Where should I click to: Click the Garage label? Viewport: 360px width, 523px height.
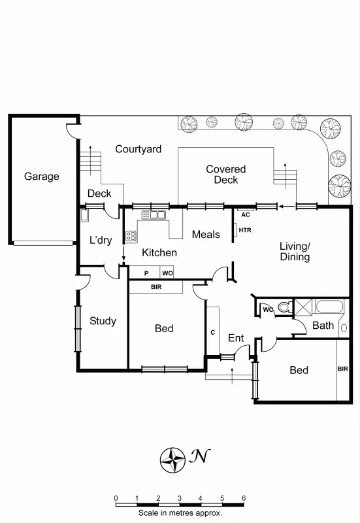pyautogui.click(x=42, y=177)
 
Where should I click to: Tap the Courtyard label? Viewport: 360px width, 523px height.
pyautogui.click(x=138, y=149)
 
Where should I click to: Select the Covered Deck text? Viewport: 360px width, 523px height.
pyautogui.click(x=225, y=175)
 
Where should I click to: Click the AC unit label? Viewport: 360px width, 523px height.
pyautogui.click(x=246, y=214)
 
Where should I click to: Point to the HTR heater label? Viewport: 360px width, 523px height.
pyautogui.click(x=245, y=230)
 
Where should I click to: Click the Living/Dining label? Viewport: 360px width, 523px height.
pyautogui.click(x=295, y=252)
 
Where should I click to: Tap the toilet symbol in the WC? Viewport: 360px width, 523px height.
pyautogui.click(x=284, y=307)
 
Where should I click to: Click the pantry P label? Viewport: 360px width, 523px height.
pyautogui.click(x=146, y=273)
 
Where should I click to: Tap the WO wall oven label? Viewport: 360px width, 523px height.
pyautogui.click(x=167, y=273)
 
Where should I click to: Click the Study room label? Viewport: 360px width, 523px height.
pyautogui.click(x=103, y=321)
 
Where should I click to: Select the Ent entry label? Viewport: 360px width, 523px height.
pyautogui.click(x=235, y=338)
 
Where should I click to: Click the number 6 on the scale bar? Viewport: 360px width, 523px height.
pyautogui.click(x=244, y=498)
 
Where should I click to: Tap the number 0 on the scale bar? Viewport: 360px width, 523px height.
pyautogui.click(x=116, y=498)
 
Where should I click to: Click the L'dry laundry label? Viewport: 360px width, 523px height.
pyautogui.click(x=101, y=240)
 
